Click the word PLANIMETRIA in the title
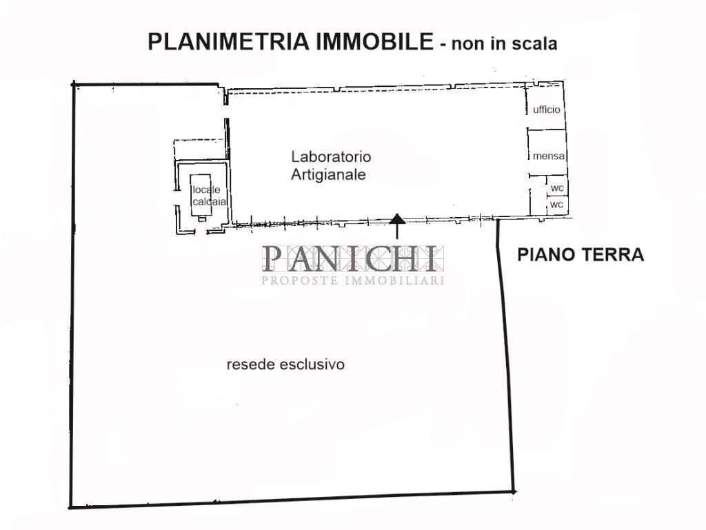[228, 42]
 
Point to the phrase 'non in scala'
[504, 43]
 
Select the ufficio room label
[547, 110]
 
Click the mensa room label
[548, 156]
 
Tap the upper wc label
[557, 187]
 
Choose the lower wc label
[557, 205]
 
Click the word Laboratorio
[331, 156]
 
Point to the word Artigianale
[328, 174]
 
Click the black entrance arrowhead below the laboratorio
[396, 218]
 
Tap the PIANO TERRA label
[581, 254]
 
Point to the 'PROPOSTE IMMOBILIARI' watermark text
[353, 281]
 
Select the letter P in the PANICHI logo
[273, 258]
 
